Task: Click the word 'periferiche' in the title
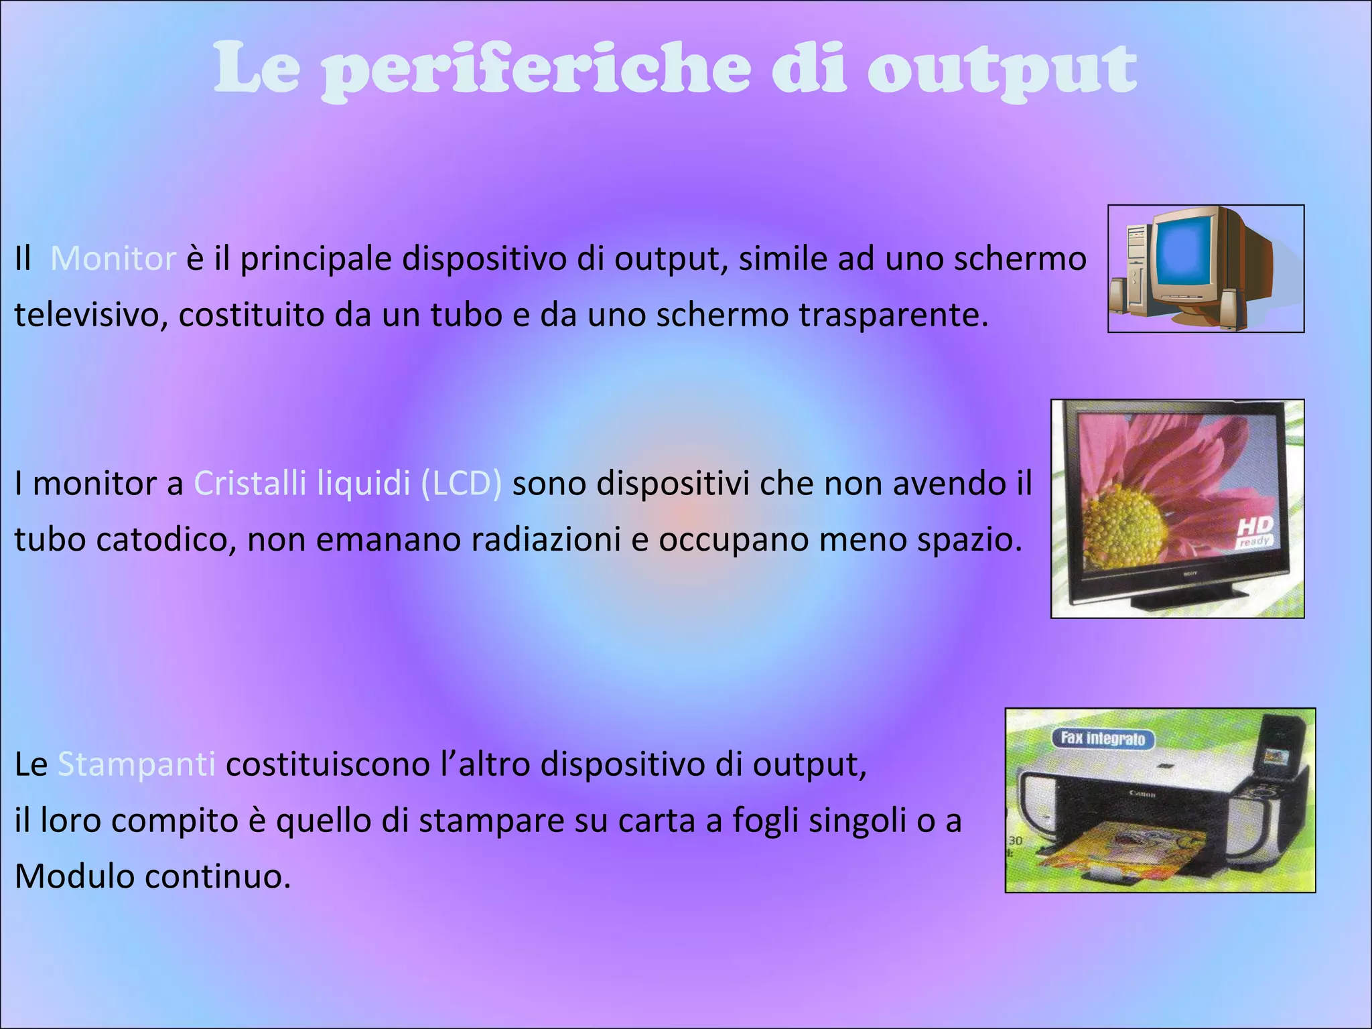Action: (536, 70)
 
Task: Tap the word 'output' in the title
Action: (1002, 70)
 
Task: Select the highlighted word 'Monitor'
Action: (113, 259)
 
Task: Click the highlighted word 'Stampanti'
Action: (137, 764)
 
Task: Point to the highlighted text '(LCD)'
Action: (461, 483)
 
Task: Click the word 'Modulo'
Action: (74, 876)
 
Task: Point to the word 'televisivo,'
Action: (91, 315)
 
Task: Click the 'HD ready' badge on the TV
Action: (1254, 532)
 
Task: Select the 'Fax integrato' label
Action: (1103, 739)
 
